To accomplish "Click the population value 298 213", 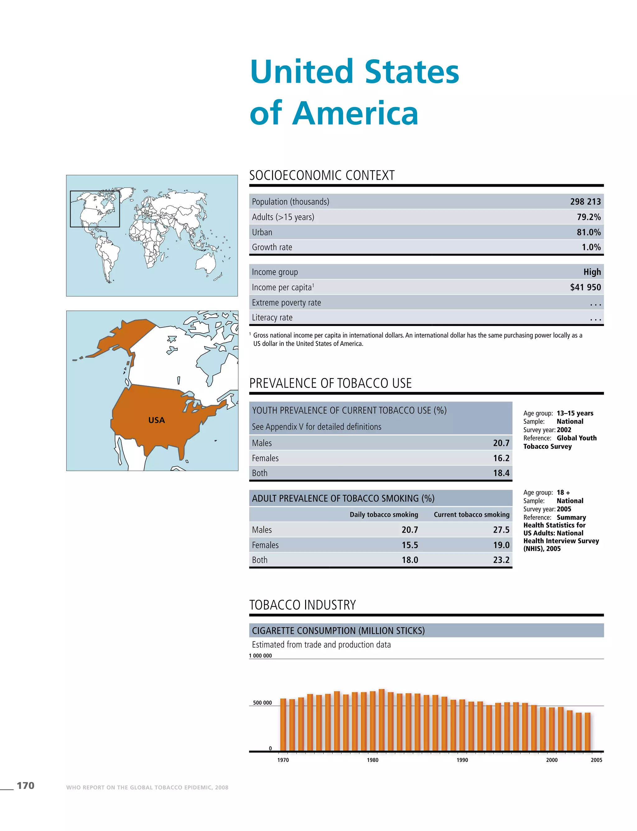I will pos(585,202).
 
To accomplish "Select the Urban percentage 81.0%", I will pos(588,232).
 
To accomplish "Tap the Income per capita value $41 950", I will pos(585,287).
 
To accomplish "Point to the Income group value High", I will pos(592,272).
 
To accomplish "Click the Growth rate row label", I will pos(272,247).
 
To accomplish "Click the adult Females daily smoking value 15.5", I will pos(410,545).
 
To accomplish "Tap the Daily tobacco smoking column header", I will pos(384,515).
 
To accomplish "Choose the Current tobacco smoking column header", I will pos(471,515).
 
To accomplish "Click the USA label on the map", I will pos(156,420).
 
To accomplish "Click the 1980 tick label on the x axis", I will pos(372,760).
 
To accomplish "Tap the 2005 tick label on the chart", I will pos(596,760).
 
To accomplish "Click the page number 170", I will pos(26,786).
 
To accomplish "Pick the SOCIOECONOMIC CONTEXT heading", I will pos(322,175).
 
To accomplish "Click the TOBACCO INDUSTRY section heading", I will pos(302,605).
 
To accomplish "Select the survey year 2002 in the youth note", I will pos(564,430).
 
